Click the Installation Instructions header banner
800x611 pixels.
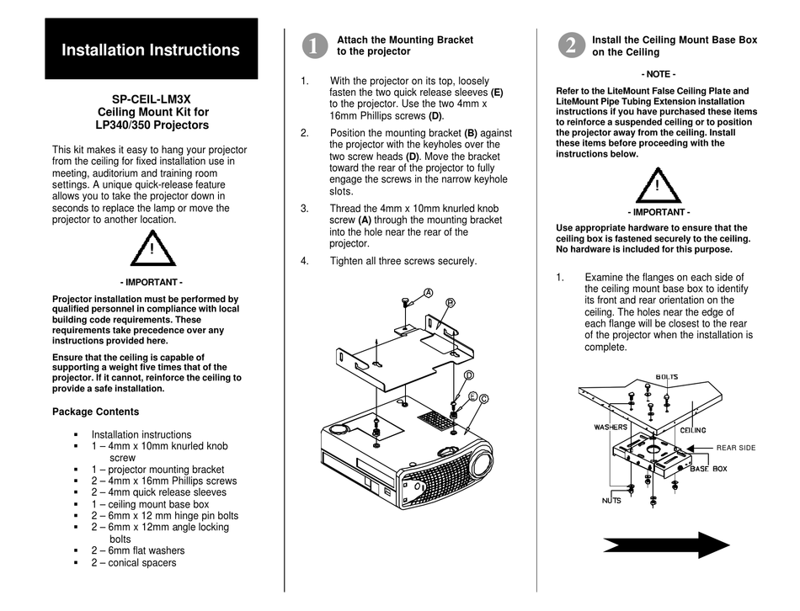pyautogui.click(x=151, y=50)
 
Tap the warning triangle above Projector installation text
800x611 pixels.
pyautogui.click(x=152, y=247)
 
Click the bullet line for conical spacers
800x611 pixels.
pyautogui.click(x=134, y=563)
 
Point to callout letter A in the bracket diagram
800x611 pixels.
pyautogui.click(x=428, y=293)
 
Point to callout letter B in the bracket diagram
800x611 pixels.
pyautogui.click(x=451, y=301)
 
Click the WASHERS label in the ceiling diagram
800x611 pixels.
pyautogui.click(x=611, y=428)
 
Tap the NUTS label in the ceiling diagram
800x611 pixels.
pyautogui.click(x=611, y=500)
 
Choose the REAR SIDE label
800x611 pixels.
pyautogui.click(x=735, y=448)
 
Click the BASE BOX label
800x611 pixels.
pyautogui.click(x=708, y=469)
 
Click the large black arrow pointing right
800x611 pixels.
pyautogui.click(x=665, y=545)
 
